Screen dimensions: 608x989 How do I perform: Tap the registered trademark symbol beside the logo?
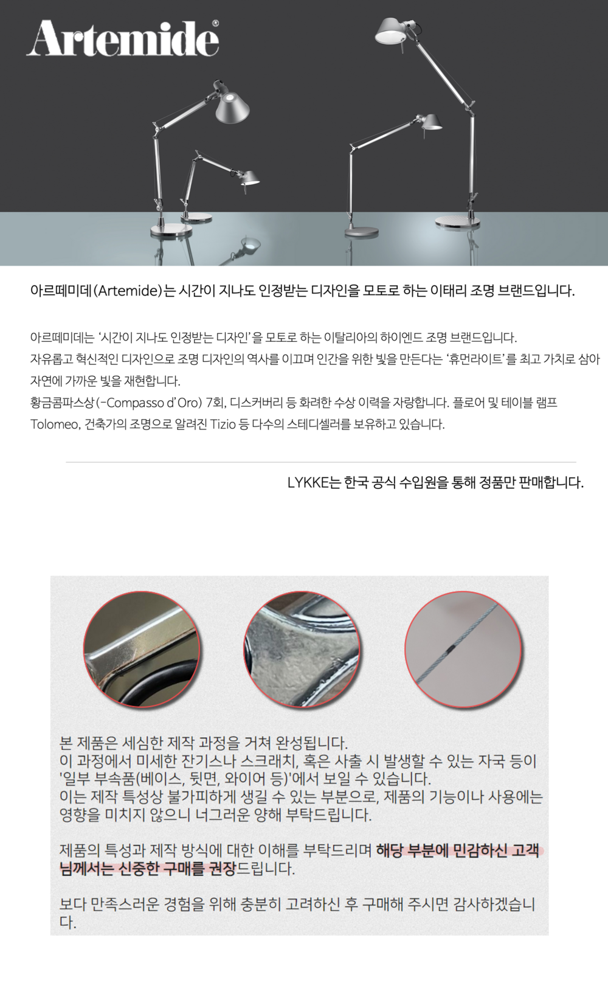(215, 23)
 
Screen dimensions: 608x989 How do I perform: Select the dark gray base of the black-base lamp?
(361, 232)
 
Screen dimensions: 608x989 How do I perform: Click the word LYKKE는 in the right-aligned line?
(314, 482)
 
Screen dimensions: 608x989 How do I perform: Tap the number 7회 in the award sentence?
(215, 403)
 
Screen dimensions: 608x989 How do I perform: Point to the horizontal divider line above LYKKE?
(321, 462)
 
